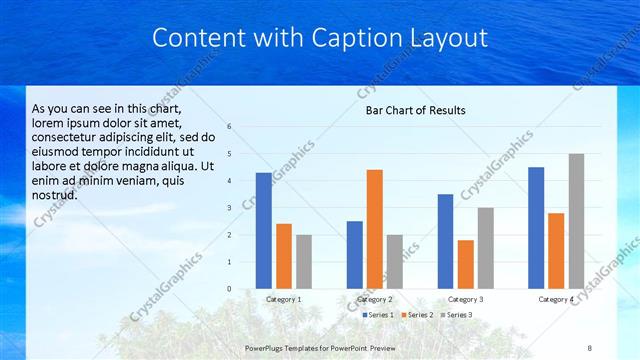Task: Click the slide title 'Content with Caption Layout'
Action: [320, 38]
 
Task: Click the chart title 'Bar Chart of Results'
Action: [414, 110]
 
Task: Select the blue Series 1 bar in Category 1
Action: [263, 231]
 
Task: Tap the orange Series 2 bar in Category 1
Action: [284, 256]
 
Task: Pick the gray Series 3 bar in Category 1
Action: [304, 262]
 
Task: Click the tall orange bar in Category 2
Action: [375, 229]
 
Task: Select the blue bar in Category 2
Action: [355, 255]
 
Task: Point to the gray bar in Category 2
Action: [395, 262]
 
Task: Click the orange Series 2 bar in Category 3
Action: [466, 264]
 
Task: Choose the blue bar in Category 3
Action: [446, 241]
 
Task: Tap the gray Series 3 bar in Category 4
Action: [577, 221]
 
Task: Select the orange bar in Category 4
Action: [557, 251]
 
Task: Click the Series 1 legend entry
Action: [377, 315]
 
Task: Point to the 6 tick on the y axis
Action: [230, 127]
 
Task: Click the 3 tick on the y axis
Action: [230, 208]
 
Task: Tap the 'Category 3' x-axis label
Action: [465, 300]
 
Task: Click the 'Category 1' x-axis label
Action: [284, 300]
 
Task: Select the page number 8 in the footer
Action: [589, 347]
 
